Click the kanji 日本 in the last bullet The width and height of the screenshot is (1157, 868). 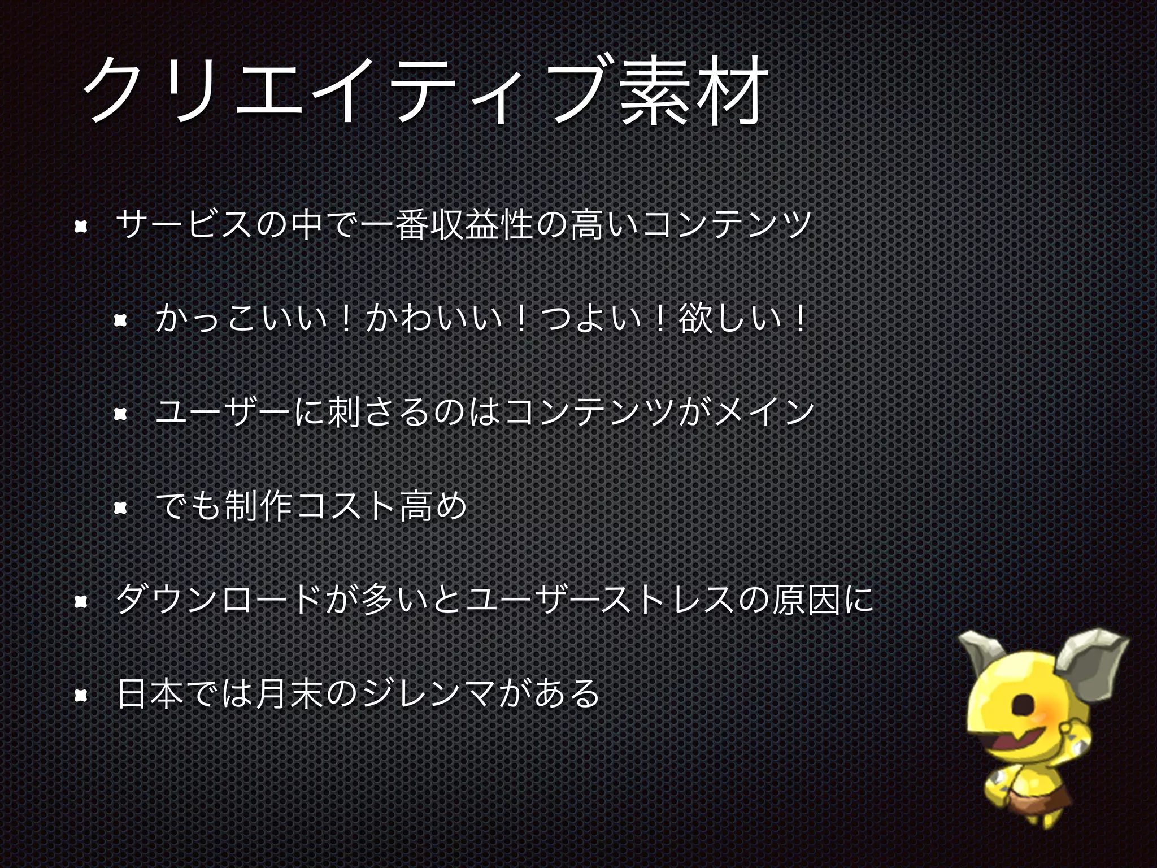pyautogui.click(x=150, y=693)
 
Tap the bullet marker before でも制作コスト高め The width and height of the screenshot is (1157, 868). pyautogui.click(x=120, y=509)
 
